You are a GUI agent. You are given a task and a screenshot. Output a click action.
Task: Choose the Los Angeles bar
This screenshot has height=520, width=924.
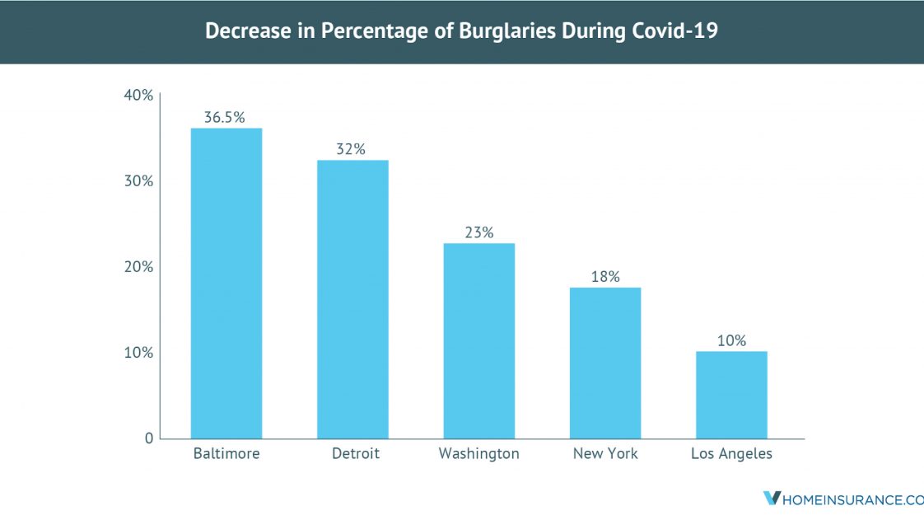point(731,395)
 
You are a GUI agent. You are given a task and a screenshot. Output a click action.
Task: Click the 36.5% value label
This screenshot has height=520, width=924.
point(225,117)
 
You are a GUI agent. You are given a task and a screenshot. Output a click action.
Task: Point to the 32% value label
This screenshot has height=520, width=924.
point(351,149)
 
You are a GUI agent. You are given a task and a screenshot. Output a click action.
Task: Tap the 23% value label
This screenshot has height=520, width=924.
point(478,232)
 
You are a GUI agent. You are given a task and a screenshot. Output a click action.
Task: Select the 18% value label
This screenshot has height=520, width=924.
point(605,277)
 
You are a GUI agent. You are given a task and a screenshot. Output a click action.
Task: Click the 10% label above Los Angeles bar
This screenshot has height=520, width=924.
point(731,340)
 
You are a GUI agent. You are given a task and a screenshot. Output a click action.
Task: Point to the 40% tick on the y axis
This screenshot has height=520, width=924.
point(138,96)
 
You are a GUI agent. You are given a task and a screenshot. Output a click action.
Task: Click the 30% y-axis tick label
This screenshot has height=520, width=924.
point(138,181)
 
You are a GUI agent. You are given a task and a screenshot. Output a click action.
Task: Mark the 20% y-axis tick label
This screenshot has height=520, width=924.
point(138,267)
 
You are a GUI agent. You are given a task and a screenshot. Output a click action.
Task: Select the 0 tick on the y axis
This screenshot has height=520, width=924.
point(149,438)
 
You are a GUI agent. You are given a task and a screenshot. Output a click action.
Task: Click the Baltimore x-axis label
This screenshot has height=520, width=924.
point(226,454)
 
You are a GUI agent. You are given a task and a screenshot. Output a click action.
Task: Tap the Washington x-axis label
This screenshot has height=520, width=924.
point(478,454)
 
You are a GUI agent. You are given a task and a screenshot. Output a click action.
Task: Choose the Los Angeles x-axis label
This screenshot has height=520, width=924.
point(731,454)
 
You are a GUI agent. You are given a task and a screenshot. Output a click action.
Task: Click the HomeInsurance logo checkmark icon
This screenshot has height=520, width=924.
point(772,499)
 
